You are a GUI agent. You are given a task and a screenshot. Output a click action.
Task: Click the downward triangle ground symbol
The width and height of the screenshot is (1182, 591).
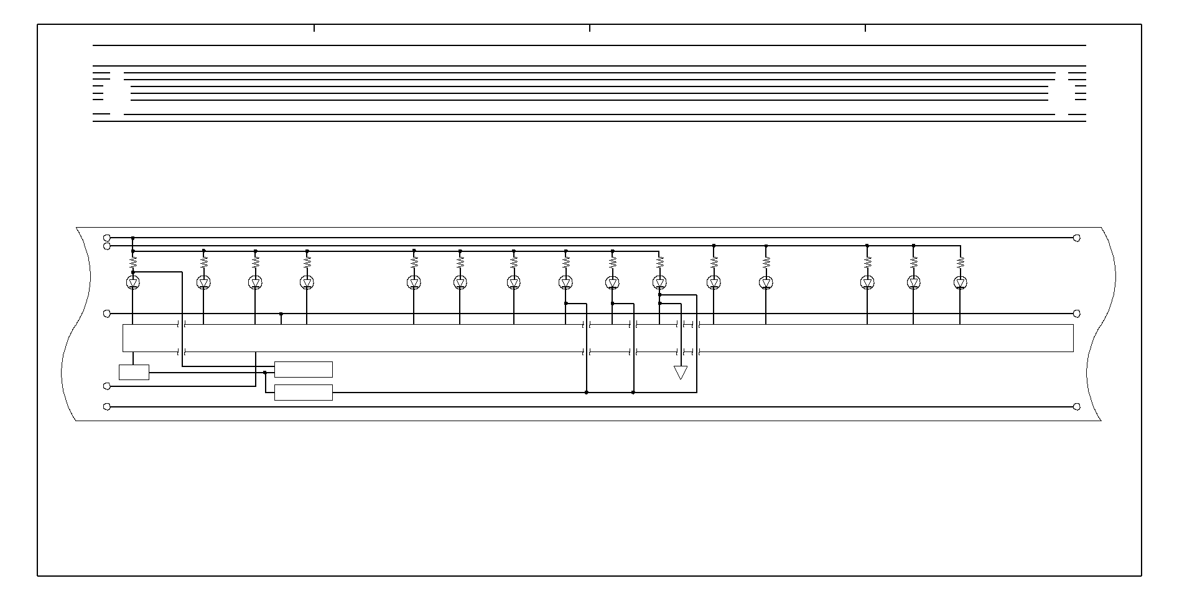(681, 372)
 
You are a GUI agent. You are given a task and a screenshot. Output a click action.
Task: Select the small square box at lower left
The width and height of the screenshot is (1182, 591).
(134, 372)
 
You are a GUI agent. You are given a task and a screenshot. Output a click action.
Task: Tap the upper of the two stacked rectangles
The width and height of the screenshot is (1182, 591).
(304, 370)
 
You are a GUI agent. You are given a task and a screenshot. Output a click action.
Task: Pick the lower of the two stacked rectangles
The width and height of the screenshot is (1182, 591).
(304, 393)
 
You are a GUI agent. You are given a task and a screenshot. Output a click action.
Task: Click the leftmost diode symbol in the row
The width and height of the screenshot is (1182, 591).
(133, 282)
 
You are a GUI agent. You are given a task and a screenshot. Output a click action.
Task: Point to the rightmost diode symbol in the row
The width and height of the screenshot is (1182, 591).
(960, 283)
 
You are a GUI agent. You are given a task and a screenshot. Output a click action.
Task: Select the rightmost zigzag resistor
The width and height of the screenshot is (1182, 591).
(960, 263)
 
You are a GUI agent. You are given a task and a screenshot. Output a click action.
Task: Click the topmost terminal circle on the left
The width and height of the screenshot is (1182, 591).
(106, 238)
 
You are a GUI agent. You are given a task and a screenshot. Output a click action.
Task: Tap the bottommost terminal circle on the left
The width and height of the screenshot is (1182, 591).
(106, 407)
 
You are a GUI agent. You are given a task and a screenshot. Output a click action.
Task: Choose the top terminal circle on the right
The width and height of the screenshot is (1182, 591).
(1077, 238)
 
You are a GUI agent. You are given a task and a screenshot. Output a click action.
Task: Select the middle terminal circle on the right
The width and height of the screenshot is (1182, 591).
(1077, 314)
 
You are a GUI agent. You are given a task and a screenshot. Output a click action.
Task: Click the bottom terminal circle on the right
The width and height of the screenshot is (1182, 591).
(1077, 407)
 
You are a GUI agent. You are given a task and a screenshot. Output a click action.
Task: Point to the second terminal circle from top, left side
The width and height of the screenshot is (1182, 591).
(106, 246)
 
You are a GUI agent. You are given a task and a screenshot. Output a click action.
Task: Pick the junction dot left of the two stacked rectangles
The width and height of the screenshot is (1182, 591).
(265, 373)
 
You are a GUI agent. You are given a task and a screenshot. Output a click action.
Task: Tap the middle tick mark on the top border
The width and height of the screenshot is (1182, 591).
(590, 28)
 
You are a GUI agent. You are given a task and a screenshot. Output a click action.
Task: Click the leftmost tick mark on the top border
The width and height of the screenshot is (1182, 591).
(314, 28)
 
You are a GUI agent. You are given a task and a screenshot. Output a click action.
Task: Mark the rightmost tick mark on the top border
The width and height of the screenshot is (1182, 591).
(865, 28)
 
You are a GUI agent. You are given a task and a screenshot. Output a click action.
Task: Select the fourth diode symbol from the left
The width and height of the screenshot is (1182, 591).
(307, 283)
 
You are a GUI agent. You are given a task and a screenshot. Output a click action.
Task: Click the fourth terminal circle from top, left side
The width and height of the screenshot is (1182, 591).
(106, 386)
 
